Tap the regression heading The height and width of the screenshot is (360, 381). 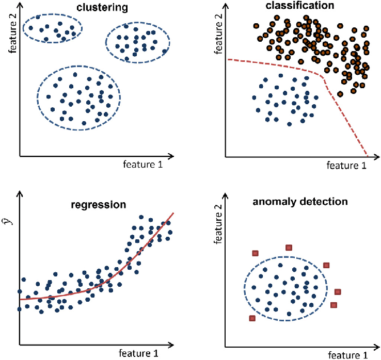(98, 204)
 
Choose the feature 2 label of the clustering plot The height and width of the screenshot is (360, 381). (9, 33)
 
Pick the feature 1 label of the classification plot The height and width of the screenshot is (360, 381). (346, 166)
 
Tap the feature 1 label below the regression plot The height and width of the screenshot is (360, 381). (138, 353)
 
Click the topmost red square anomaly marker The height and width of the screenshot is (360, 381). (289, 248)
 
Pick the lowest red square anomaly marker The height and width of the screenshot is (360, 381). (252, 318)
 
